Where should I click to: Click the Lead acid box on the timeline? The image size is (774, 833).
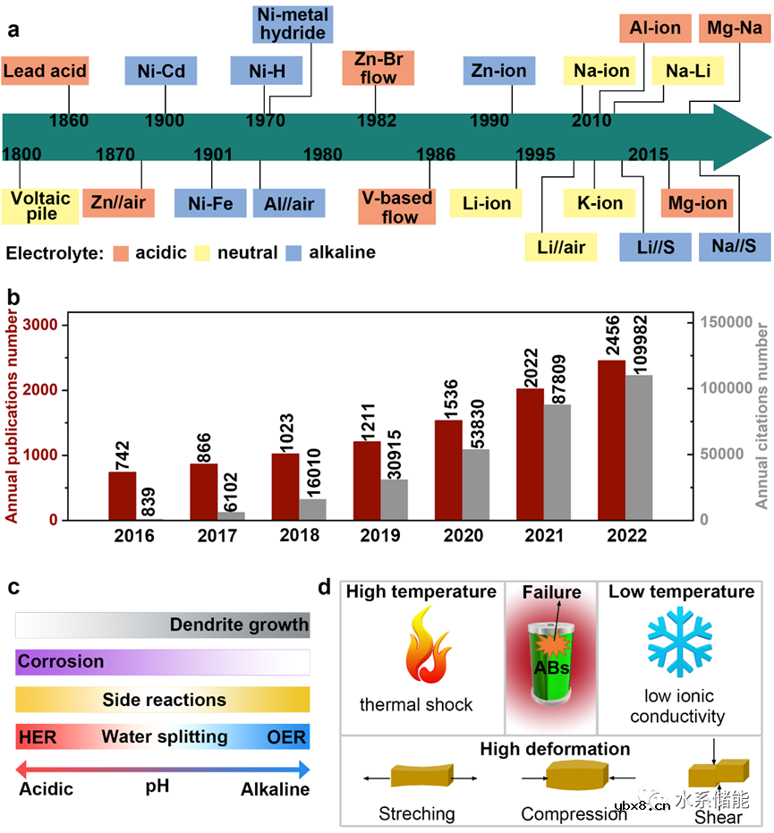[46, 72]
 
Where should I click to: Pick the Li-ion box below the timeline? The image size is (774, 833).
[488, 204]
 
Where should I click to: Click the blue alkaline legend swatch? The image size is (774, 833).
[293, 252]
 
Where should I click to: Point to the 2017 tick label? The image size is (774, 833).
[217, 535]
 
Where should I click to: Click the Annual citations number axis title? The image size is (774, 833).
[761, 419]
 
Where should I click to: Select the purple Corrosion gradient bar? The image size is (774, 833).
[163, 662]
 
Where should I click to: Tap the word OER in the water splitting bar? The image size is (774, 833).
[286, 737]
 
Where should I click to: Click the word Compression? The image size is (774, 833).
[574, 814]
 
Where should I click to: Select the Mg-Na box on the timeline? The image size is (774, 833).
[733, 28]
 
